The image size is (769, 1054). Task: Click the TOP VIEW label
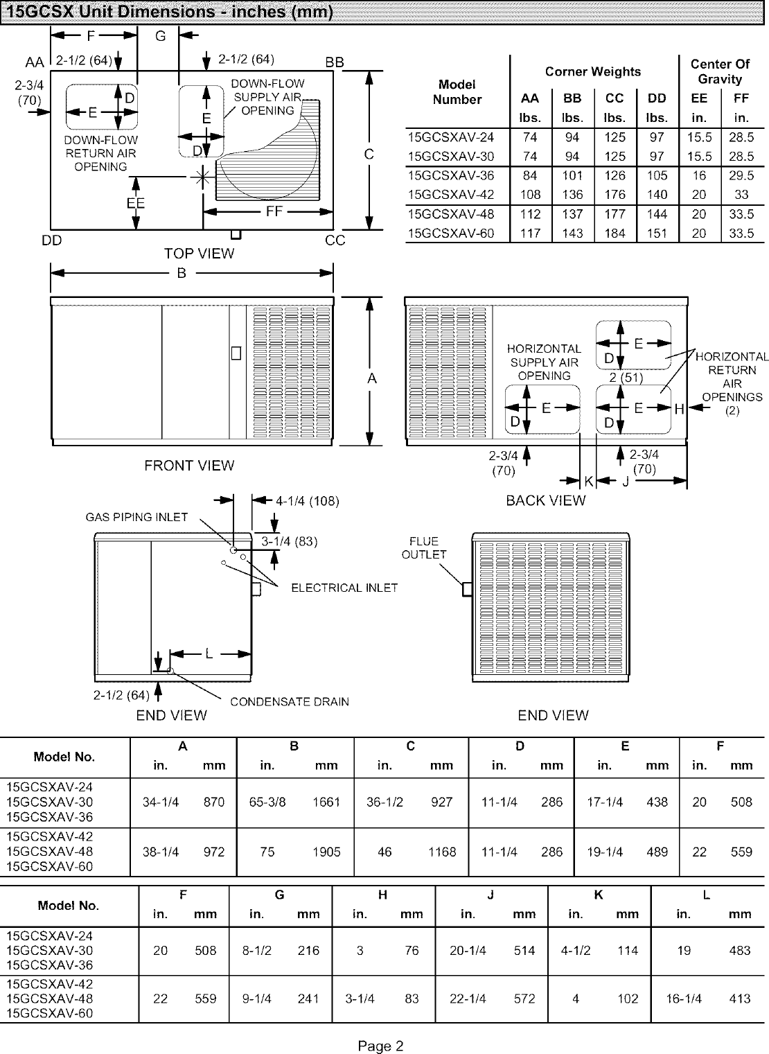[x=199, y=254]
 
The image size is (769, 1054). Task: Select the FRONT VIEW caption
[x=189, y=466]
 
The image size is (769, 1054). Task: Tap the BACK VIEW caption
[x=546, y=500]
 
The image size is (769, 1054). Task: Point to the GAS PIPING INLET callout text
[x=136, y=517]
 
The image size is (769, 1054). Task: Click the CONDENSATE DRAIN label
[x=290, y=701]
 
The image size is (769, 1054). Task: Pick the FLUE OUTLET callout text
[x=424, y=547]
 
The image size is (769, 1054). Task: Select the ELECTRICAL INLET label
[x=344, y=588]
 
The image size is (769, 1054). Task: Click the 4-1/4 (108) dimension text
[x=307, y=501]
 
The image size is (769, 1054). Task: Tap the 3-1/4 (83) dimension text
[x=289, y=541]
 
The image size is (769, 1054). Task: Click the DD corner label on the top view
[x=52, y=240]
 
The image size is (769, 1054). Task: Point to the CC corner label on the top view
[x=335, y=240]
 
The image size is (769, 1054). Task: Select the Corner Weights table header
[x=593, y=71]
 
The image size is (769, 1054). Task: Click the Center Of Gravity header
[x=720, y=71]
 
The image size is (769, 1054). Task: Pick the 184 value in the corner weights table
[x=615, y=234]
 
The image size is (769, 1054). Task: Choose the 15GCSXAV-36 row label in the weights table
[x=451, y=175]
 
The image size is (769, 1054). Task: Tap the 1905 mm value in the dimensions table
[x=326, y=852]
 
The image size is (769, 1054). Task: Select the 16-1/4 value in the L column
[x=684, y=999]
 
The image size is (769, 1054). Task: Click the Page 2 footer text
[x=380, y=1046]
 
